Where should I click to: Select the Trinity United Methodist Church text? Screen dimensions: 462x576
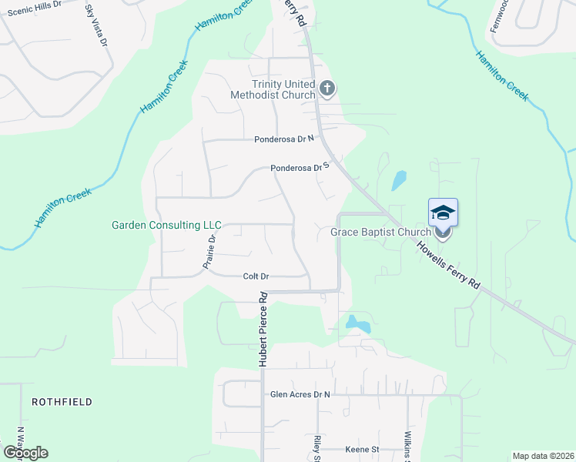(273, 89)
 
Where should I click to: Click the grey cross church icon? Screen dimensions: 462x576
(327, 89)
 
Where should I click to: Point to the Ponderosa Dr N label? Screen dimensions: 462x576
(285, 139)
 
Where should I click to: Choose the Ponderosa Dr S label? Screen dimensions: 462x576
(300, 167)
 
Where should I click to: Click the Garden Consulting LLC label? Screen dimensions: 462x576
(166, 226)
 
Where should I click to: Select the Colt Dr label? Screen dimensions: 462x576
(255, 276)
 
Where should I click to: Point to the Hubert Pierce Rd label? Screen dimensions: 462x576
(263, 329)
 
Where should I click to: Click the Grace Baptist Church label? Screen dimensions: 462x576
(380, 232)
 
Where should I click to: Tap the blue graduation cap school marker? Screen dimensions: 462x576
(443, 213)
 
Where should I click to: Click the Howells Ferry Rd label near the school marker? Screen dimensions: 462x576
(448, 267)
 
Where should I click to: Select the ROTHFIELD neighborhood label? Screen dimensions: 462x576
(62, 402)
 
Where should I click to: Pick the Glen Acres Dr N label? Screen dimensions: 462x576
(300, 394)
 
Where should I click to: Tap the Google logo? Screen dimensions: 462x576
(25, 452)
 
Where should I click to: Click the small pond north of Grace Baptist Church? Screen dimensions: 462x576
(399, 180)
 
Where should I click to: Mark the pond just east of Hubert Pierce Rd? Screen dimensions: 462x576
(357, 323)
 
